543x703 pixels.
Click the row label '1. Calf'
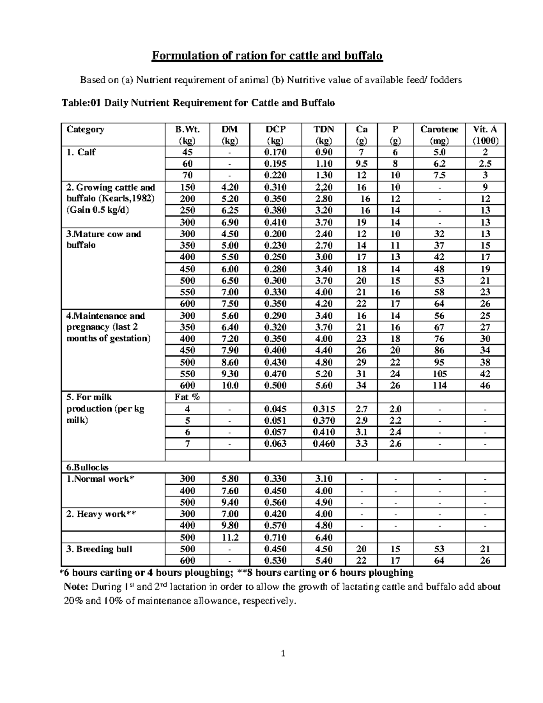pos(81,153)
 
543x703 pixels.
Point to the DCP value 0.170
pos(275,153)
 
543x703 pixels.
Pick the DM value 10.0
pos(229,386)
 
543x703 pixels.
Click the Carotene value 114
pos(439,386)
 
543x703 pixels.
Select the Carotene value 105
pos(439,374)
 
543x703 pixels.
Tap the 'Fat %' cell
pos(187,397)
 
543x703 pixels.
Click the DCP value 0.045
pos(275,409)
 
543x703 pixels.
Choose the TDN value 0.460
pos(324,444)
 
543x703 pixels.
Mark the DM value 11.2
pos(229,538)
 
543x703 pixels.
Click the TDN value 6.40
pos(324,538)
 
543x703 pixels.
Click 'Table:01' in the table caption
pos(81,103)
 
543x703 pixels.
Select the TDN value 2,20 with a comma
pos(324,187)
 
